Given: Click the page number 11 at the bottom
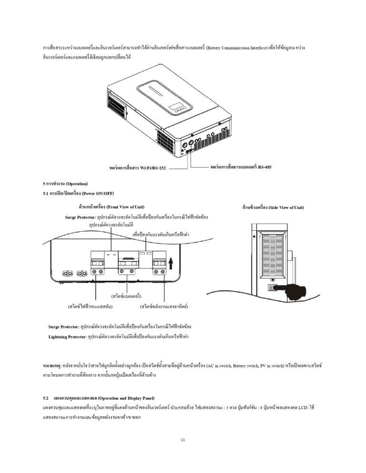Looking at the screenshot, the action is [183, 440].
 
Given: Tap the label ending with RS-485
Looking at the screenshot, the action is [241, 167].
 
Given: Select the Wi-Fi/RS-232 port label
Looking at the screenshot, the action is [138, 168].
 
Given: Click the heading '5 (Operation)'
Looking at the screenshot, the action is [65, 184].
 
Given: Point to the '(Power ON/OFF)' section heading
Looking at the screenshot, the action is [78, 193].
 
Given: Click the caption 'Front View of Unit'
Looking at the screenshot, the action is [112, 207].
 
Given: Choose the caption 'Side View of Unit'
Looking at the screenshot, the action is [273, 207].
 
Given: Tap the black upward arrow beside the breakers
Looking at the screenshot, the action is [171, 263].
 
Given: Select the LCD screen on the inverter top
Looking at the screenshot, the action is [175, 107].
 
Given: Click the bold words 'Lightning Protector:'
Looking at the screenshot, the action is [68, 336].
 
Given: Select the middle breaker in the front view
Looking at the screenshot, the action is [128, 263].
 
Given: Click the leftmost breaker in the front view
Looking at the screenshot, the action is [97, 263].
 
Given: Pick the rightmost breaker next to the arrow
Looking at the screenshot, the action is [159, 263].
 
